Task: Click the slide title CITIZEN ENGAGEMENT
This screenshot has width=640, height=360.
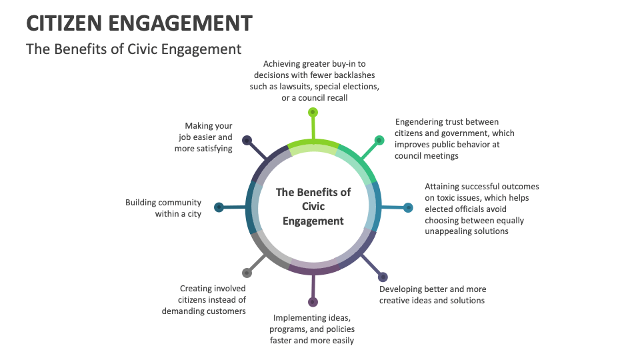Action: [x=139, y=23]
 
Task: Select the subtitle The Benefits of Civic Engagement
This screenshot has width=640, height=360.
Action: [x=133, y=49]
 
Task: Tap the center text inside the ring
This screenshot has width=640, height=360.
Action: [x=313, y=207]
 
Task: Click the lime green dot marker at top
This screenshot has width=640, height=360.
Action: [x=313, y=112]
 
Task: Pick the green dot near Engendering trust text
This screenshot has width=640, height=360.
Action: [x=379, y=140]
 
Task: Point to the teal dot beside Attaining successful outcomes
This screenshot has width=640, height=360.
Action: [x=407, y=207]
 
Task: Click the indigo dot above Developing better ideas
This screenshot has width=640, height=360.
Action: [x=383, y=277]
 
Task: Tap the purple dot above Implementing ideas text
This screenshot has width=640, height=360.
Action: [x=313, y=302]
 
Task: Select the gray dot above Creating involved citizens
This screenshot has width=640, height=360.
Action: [x=247, y=273]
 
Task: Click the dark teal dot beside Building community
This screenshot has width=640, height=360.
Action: [x=218, y=207]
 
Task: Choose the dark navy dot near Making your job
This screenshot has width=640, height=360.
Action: [x=247, y=140]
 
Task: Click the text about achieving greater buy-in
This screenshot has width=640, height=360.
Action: [x=311, y=81]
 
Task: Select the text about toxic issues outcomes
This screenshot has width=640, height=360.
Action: [x=481, y=209]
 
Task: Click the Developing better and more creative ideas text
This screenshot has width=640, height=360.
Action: [x=433, y=295]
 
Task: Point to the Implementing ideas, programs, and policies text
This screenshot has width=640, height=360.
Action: [x=312, y=329]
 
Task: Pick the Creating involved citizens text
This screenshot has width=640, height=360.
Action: [x=204, y=299]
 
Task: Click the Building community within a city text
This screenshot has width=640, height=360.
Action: [x=163, y=208]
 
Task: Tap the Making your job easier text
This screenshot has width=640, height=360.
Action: [x=205, y=137]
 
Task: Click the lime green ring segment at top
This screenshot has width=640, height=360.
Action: [x=313, y=143]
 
